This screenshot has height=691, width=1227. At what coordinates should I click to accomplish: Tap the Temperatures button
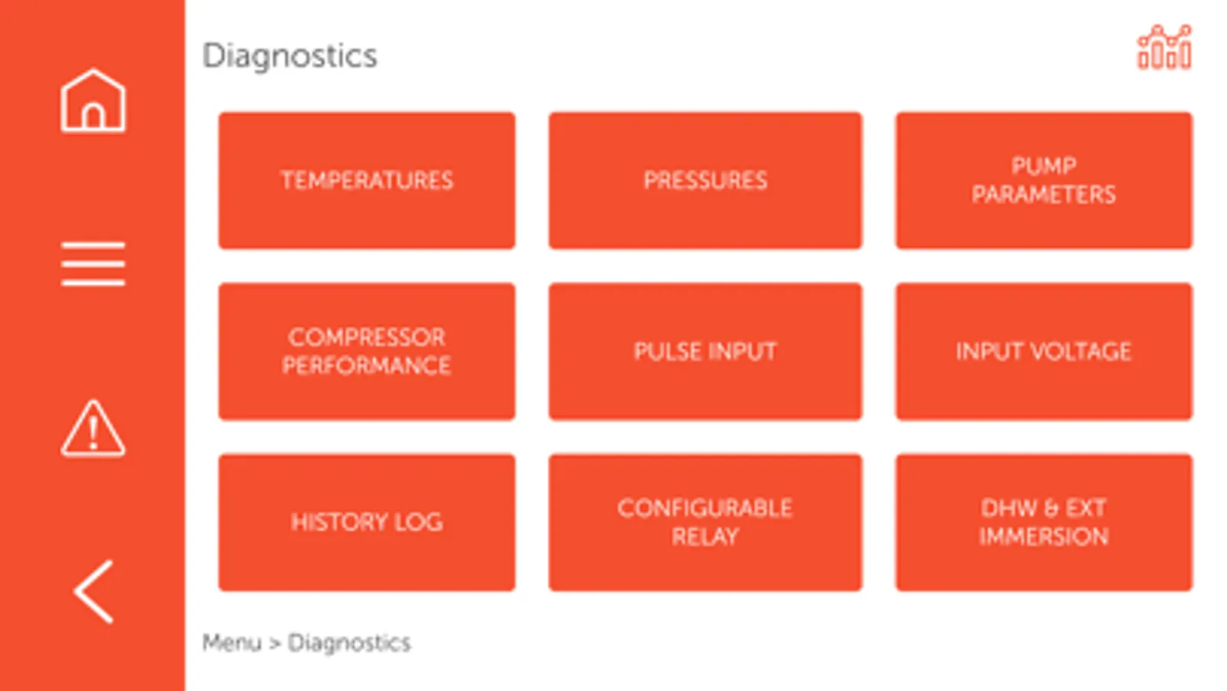[367, 180]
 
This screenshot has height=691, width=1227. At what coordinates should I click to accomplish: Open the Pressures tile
[705, 180]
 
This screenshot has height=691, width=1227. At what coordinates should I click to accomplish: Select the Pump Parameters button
[1044, 180]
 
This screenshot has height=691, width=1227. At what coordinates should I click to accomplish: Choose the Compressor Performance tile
[367, 352]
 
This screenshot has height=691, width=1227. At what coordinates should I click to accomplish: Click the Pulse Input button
[705, 352]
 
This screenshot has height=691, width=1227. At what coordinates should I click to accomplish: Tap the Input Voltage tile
[1044, 352]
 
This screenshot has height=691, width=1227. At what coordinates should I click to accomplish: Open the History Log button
[367, 522]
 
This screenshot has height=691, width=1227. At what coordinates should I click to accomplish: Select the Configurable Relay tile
[705, 522]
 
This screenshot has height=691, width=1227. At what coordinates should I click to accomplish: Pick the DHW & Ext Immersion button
[1044, 522]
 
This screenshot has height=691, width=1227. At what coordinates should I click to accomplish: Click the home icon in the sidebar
[93, 101]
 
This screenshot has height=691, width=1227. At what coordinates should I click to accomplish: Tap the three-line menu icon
[93, 263]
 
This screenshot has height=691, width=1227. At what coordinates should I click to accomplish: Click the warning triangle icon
[93, 428]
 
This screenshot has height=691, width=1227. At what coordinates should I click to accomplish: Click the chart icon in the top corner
[1164, 48]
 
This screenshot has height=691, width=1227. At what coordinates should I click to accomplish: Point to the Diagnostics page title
[290, 56]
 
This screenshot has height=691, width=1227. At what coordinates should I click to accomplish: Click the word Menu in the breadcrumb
[232, 643]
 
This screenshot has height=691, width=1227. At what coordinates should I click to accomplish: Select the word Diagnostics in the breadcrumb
[349, 643]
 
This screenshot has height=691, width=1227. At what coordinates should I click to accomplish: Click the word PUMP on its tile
[1044, 166]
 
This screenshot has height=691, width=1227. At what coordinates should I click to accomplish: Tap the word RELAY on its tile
[705, 537]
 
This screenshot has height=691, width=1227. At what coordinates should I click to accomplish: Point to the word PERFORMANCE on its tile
[367, 365]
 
